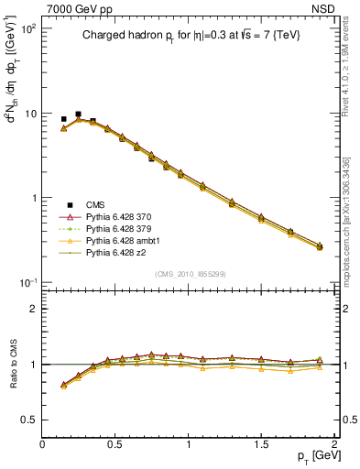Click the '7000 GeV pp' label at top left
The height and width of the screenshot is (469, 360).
point(75,8)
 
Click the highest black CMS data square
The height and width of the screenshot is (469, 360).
point(78,115)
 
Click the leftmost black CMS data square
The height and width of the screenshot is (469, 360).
point(63,119)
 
